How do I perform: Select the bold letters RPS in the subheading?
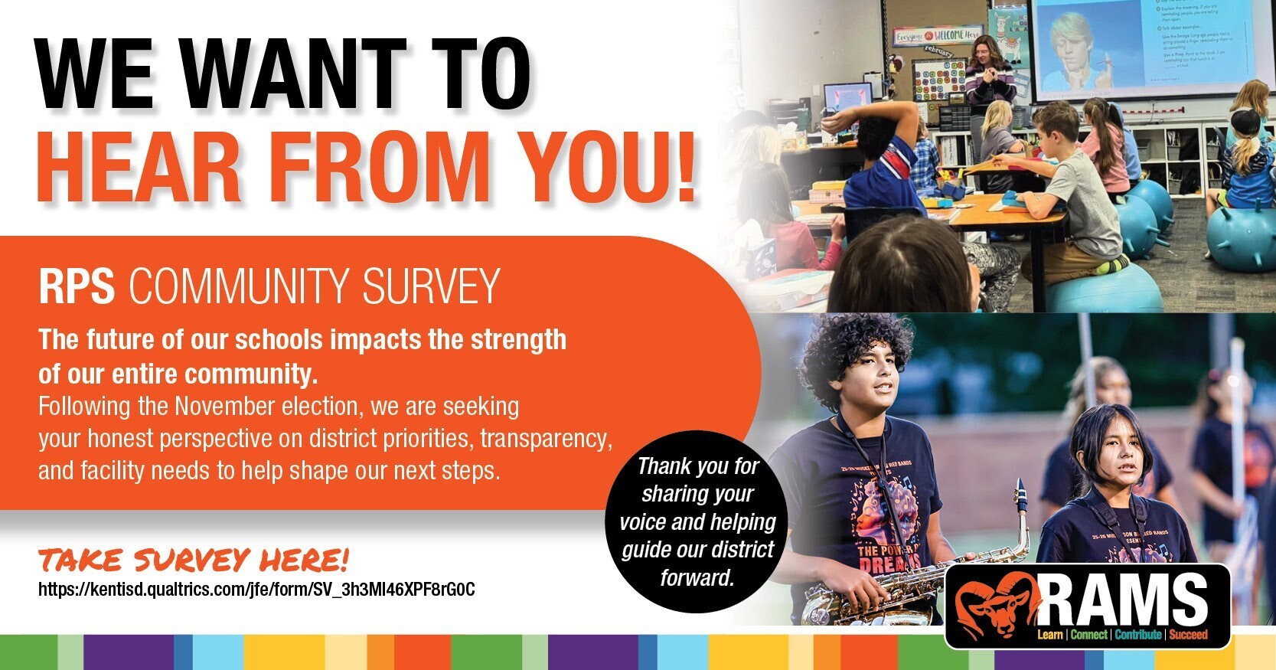[77, 286]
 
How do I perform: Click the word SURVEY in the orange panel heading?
[431, 286]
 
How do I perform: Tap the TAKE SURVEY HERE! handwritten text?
[194, 561]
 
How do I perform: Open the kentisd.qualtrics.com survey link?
[256, 590]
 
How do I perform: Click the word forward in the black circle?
[697, 577]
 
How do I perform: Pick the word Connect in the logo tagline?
[1088, 635]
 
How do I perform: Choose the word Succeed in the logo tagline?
[1188, 635]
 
